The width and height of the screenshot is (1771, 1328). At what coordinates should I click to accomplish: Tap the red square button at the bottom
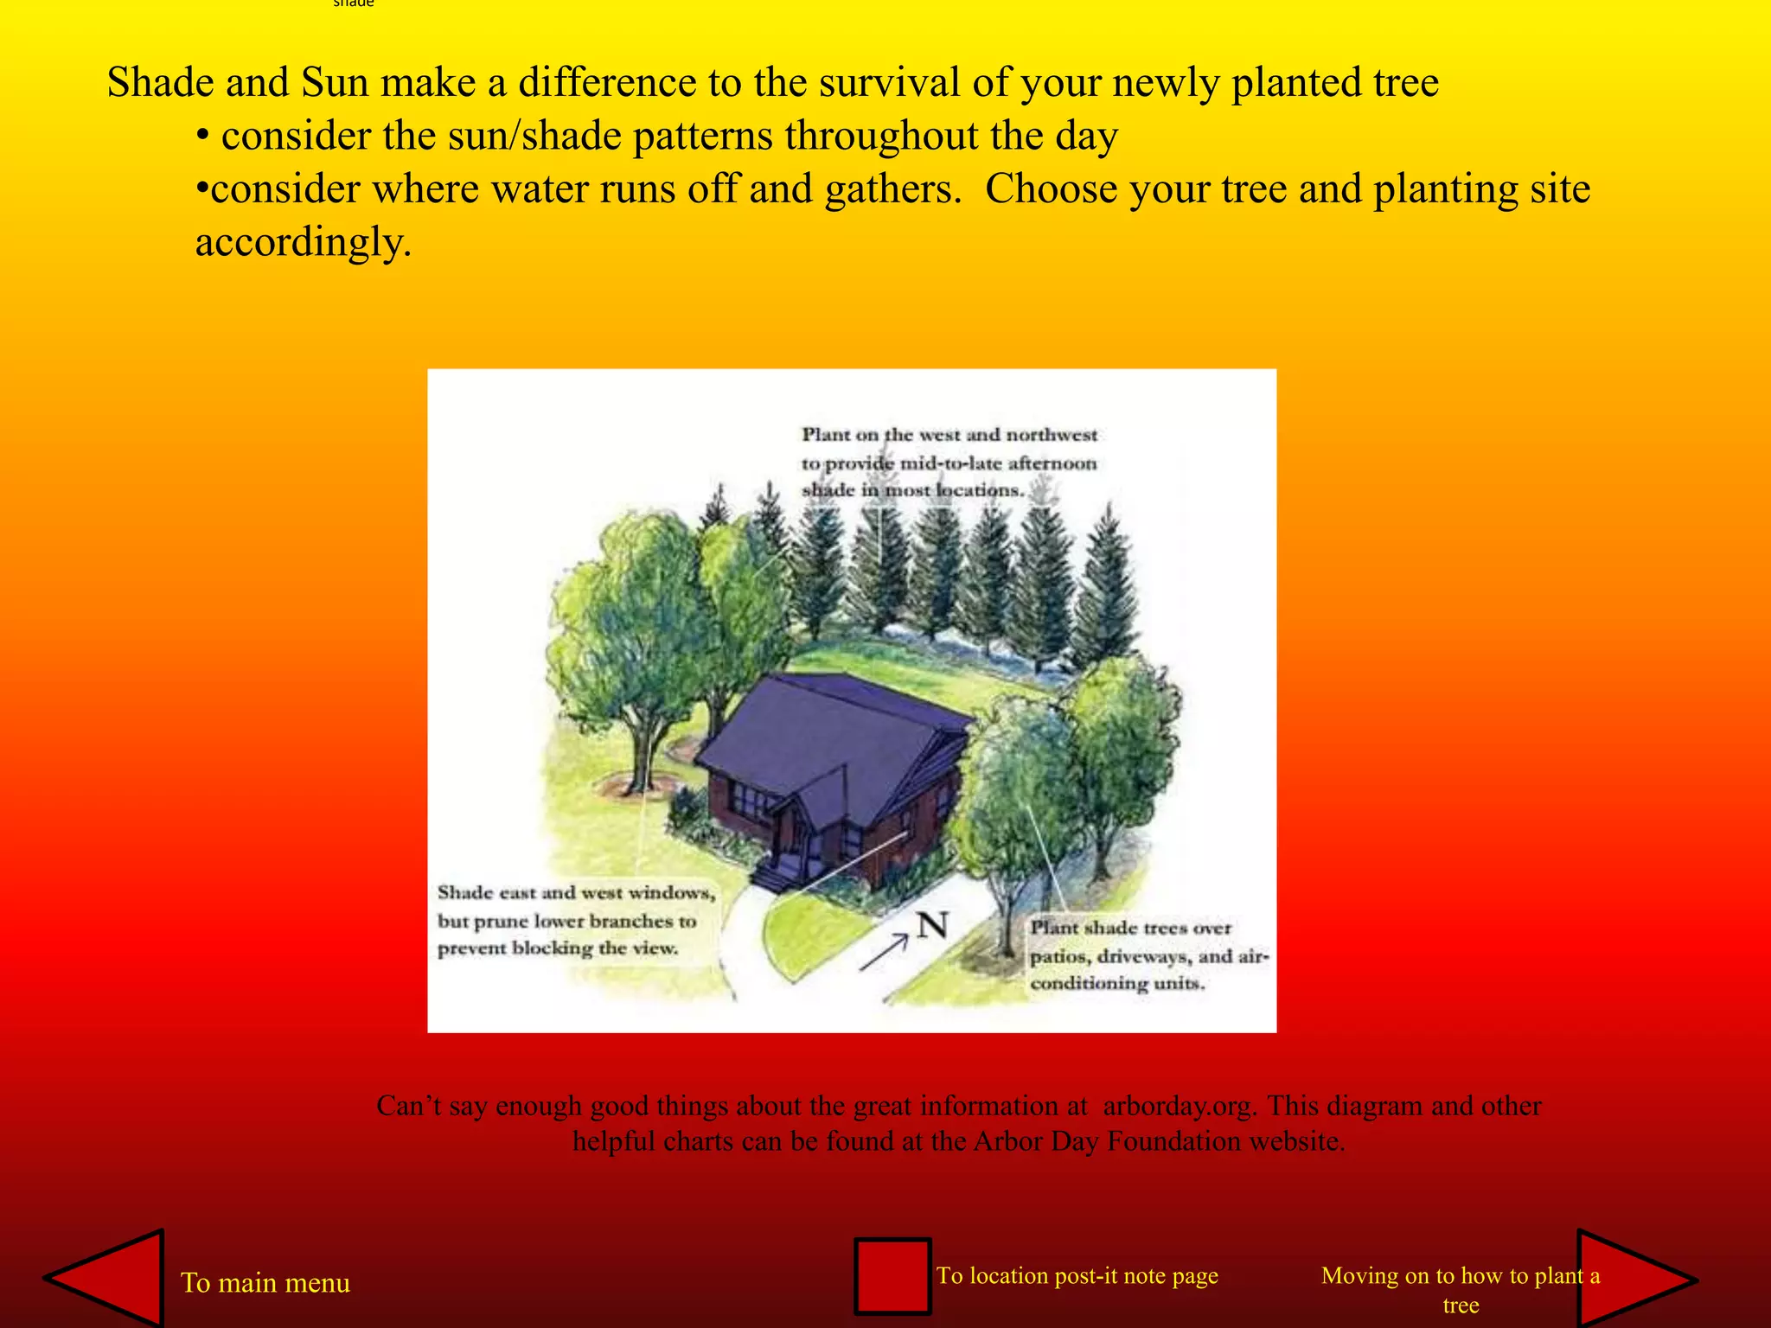tap(892, 1276)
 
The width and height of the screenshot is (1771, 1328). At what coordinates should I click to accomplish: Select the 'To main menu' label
tap(265, 1282)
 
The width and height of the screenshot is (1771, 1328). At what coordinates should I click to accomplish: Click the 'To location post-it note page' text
tap(1077, 1275)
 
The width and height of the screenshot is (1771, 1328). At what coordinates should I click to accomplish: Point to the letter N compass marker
tap(932, 926)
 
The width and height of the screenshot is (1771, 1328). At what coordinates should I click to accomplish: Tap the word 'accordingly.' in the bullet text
tap(303, 242)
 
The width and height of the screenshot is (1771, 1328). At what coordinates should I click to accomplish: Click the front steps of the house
tap(776, 876)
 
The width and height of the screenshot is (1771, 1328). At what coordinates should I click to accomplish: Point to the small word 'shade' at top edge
tap(354, 3)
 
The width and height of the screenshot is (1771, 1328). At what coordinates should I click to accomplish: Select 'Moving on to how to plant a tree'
tap(1460, 1289)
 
